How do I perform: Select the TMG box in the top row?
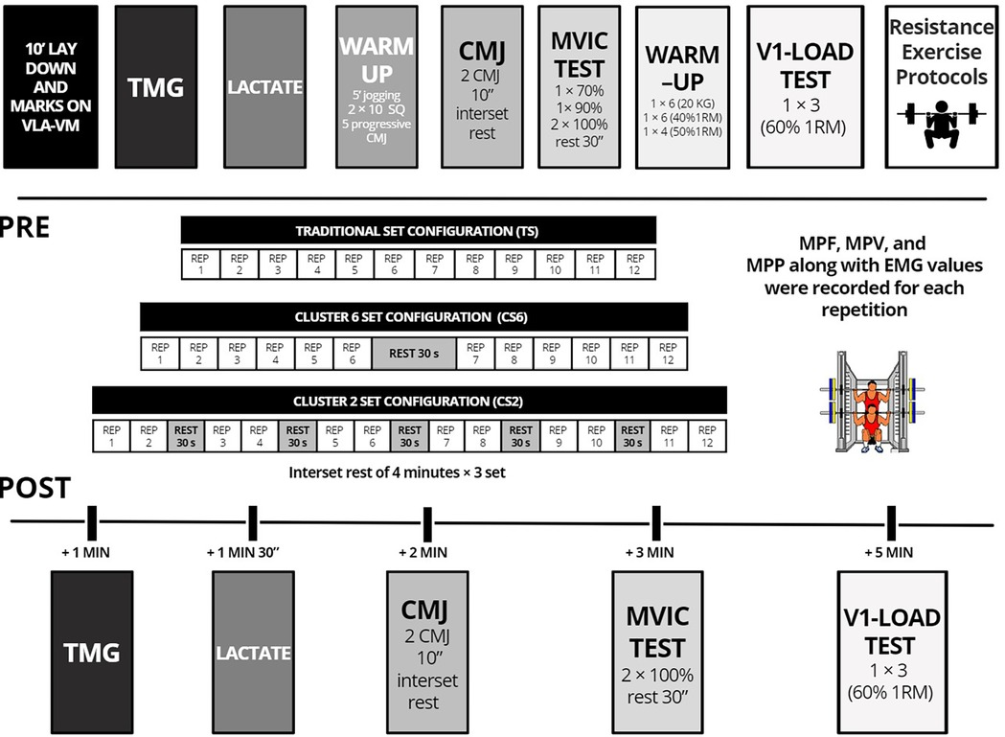pyautogui.click(x=156, y=87)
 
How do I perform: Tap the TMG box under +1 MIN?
pyautogui.click(x=92, y=653)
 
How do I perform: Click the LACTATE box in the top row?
pyautogui.click(x=263, y=87)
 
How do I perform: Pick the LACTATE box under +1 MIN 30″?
pyautogui.click(x=252, y=653)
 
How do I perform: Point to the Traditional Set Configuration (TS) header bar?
pyautogui.click(x=419, y=230)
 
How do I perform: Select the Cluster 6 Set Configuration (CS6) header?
pyautogui.click(x=414, y=317)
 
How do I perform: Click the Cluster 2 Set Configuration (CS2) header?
pyautogui.click(x=408, y=401)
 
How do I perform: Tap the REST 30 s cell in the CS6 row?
pyautogui.click(x=414, y=353)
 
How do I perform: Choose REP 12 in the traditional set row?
pyautogui.click(x=635, y=264)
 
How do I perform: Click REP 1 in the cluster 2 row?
pyautogui.click(x=110, y=436)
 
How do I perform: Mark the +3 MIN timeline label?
pyautogui.click(x=655, y=553)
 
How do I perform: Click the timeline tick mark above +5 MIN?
pyautogui.click(x=890, y=523)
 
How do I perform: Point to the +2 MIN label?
pyautogui.click(x=423, y=553)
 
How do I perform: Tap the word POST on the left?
pyautogui.click(x=34, y=488)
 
